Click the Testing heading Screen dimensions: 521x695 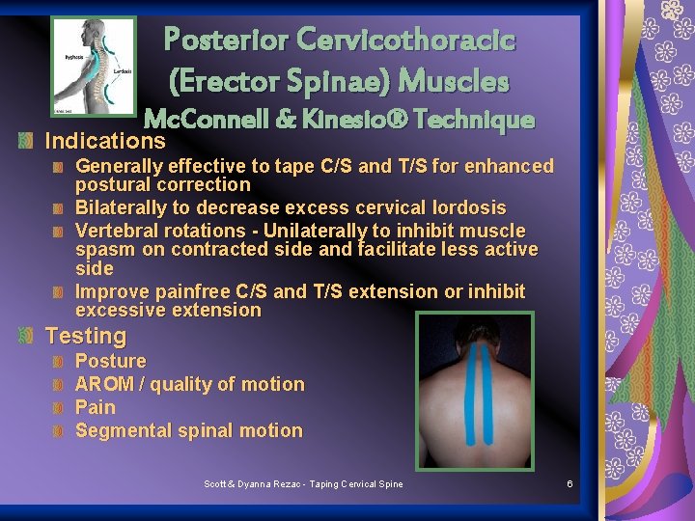[86, 336]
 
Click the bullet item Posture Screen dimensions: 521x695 [111, 361]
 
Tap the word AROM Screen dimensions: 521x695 [104, 384]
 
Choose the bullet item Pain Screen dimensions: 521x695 [95, 407]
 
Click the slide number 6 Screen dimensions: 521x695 [570, 483]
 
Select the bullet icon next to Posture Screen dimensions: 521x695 [58, 362]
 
